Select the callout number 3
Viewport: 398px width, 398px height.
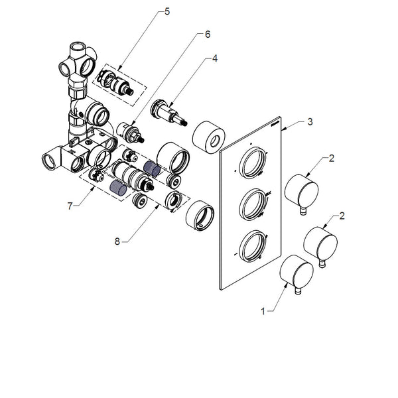pos(310,122)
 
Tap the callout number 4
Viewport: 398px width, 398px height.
pos(215,58)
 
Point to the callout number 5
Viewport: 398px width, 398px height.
pos(167,11)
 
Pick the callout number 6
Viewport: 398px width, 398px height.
pos(207,33)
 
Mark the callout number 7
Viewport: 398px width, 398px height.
pos(69,206)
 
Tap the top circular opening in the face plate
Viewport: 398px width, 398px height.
pos(252,164)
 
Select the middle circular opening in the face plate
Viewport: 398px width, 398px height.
pos(253,204)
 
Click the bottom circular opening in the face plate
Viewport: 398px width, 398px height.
pos(253,246)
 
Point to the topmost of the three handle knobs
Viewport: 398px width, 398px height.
pos(302,190)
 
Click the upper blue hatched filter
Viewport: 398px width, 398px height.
pos(153,168)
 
